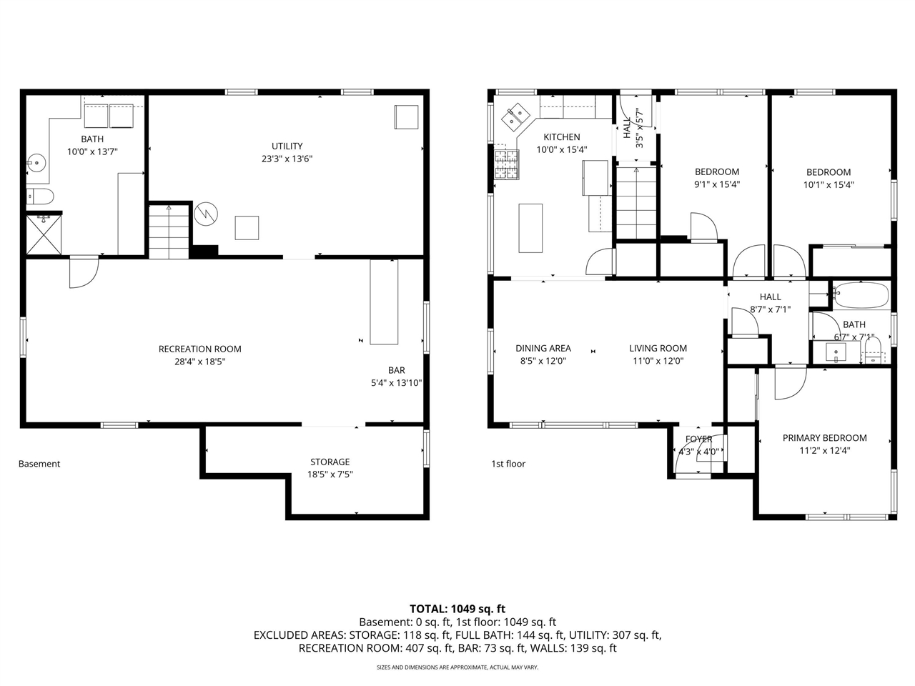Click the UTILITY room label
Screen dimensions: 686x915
point(287,146)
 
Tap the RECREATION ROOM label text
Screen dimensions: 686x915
point(199,349)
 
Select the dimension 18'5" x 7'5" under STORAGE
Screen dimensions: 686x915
point(330,474)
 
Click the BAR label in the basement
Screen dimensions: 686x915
point(396,370)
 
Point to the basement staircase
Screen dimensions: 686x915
point(169,230)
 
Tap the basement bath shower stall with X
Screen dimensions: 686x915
point(44,234)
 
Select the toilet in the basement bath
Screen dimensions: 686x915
point(40,196)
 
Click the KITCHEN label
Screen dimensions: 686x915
point(561,137)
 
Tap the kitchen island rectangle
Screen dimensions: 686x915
point(530,228)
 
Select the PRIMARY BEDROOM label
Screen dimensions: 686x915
point(824,438)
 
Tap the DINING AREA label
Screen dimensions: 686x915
point(543,349)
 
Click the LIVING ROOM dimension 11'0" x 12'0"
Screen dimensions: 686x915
point(658,361)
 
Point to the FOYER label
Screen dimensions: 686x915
point(698,439)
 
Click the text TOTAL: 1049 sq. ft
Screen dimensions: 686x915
point(457,609)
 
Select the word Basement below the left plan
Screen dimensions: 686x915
point(39,464)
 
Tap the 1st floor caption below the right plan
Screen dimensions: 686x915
point(508,464)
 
